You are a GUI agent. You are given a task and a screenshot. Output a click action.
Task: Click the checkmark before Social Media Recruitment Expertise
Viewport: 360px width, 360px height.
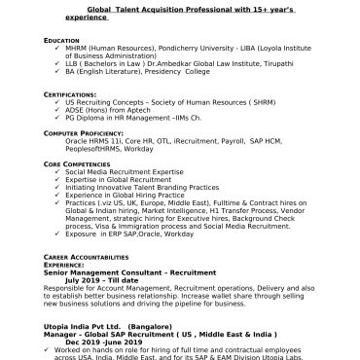pos(58,172)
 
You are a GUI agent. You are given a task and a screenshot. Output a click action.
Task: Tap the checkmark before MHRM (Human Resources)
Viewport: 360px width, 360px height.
pos(58,48)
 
